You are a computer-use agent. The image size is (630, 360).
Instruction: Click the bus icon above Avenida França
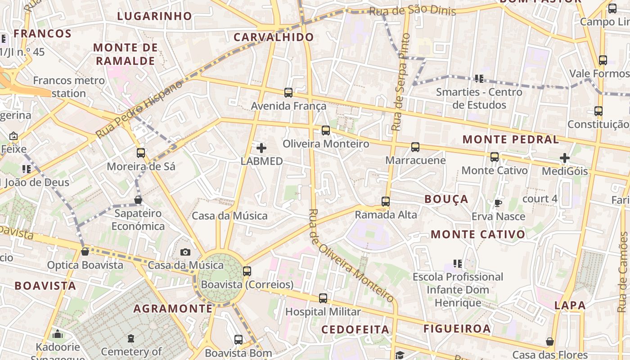pyautogui.click(x=288, y=93)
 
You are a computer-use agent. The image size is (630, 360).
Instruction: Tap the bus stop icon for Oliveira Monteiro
pyautogui.click(x=325, y=130)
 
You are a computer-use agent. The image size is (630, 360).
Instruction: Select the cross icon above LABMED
pyautogui.click(x=261, y=148)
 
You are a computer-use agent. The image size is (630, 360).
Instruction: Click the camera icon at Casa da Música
pyautogui.click(x=185, y=252)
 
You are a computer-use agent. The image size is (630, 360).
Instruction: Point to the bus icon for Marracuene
pyautogui.click(x=415, y=147)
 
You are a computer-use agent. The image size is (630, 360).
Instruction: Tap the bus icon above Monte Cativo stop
pyautogui.click(x=494, y=157)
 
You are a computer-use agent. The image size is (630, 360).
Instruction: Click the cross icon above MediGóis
pyautogui.click(x=565, y=158)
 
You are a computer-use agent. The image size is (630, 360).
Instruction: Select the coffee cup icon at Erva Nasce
pyautogui.click(x=498, y=203)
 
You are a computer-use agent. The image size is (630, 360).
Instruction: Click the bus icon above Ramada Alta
pyautogui.click(x=385, y=201)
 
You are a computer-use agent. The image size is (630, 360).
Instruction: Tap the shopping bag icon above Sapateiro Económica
pyautogui.click(x=138, y=199)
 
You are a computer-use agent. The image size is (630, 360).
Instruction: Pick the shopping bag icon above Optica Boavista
pyautogui.click(x=85, y=252)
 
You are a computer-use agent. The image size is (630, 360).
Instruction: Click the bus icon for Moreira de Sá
pyautogui.click(x=141, y=153)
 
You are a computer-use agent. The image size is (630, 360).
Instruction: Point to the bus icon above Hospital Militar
pyautogui.click(x=323, y=298)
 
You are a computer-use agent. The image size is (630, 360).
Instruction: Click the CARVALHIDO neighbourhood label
pyautogui.click(x=274, y=37)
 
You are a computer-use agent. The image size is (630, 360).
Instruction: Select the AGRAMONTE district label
pyautogui.click(x=173, y=309)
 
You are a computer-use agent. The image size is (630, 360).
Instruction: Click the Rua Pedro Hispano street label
pyautogui.click(x=139, y=109)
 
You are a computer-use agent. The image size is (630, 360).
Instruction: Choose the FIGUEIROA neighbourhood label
pyautogui.click(x=457, y=328)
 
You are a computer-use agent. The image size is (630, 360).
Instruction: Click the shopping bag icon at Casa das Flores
pyautogui.click(x=549, y=342)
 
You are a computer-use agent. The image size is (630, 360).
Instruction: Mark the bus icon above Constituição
pyautogui.click(x=598, y=111)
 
